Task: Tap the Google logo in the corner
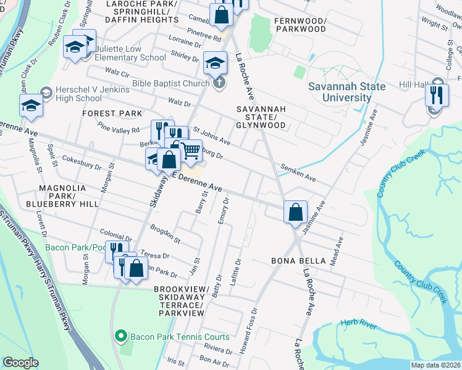point(20,363)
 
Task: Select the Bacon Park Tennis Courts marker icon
point(122,337)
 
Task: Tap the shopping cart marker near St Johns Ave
point(190,149)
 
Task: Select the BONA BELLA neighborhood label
point(298,261)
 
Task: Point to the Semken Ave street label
point(298,173)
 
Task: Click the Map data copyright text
point(435,364)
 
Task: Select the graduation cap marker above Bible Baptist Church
point(215,62)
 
